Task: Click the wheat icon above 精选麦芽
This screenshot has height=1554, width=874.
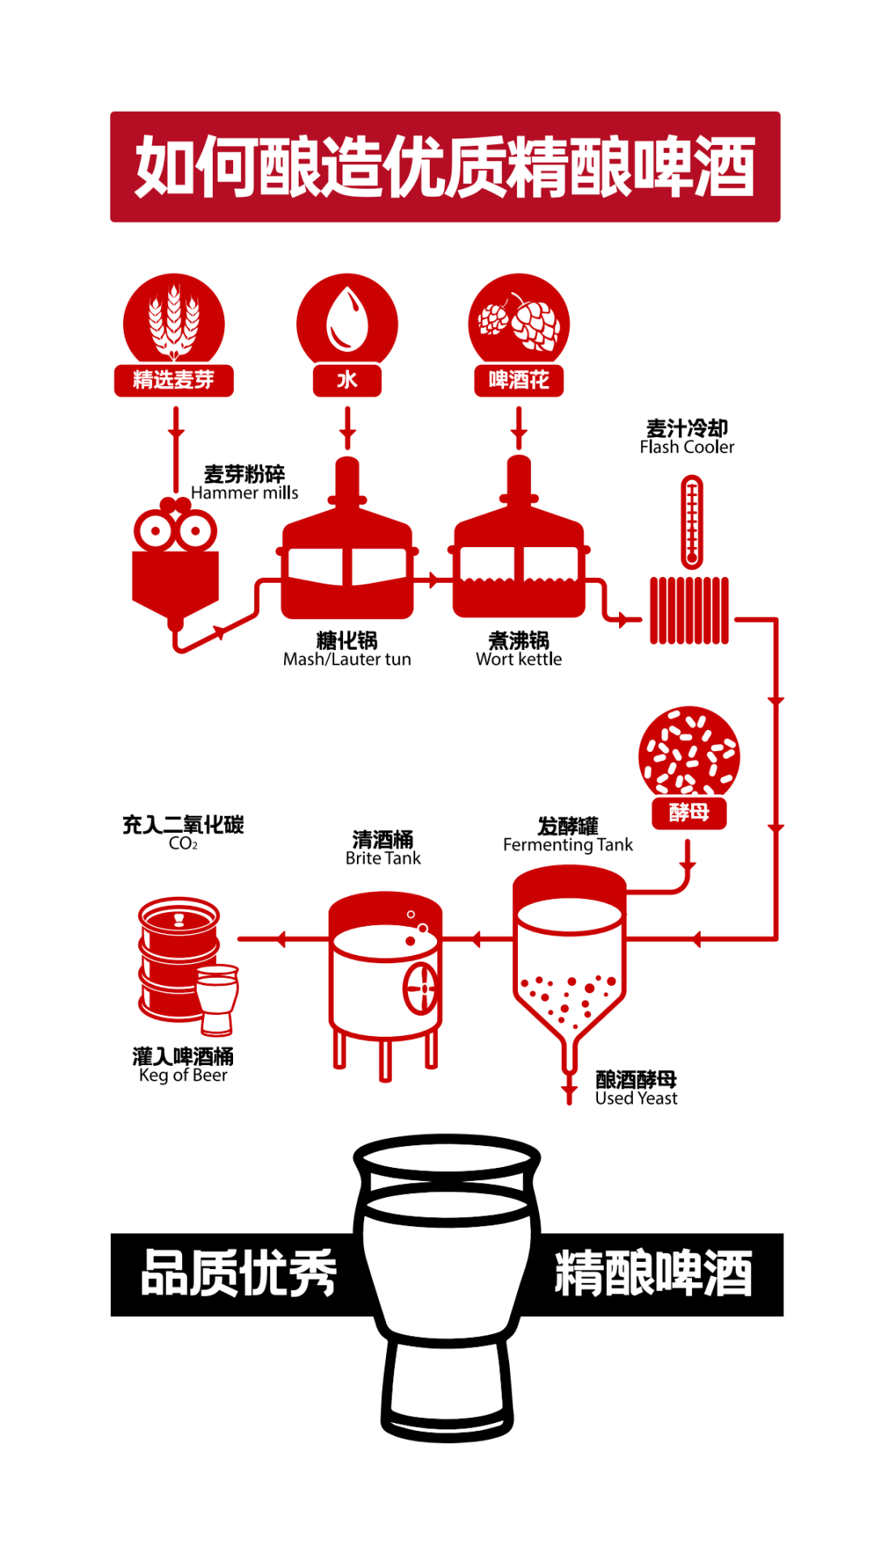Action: pos(173,321)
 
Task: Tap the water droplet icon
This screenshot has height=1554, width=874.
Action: pos(346,321)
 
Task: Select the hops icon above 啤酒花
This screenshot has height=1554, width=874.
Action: pos(519,321)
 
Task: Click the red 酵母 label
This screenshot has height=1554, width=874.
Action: pos(689,812)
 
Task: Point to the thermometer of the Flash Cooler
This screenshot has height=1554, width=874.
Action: pos(691,521)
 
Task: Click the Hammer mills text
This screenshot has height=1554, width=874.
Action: pos(244,493)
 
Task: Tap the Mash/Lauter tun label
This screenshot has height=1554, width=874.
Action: pos(346,660)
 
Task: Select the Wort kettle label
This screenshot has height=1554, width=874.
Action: pos(519,660)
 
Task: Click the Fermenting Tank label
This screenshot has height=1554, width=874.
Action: pos(567,845)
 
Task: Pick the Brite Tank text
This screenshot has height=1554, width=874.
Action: pos(383,859)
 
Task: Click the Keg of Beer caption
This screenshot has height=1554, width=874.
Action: pos(183,1076)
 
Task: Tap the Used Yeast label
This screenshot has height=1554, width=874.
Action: pos(636,1098)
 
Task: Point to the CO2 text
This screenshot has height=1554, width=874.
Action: pos(183,844)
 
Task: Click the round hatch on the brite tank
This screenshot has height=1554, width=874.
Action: pos(420,987)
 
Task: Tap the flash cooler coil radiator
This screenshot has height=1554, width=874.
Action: pos(689,610)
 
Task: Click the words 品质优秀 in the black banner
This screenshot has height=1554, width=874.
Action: pos(239,1273)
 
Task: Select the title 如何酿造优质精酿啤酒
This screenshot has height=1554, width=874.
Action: pos(445,167)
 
